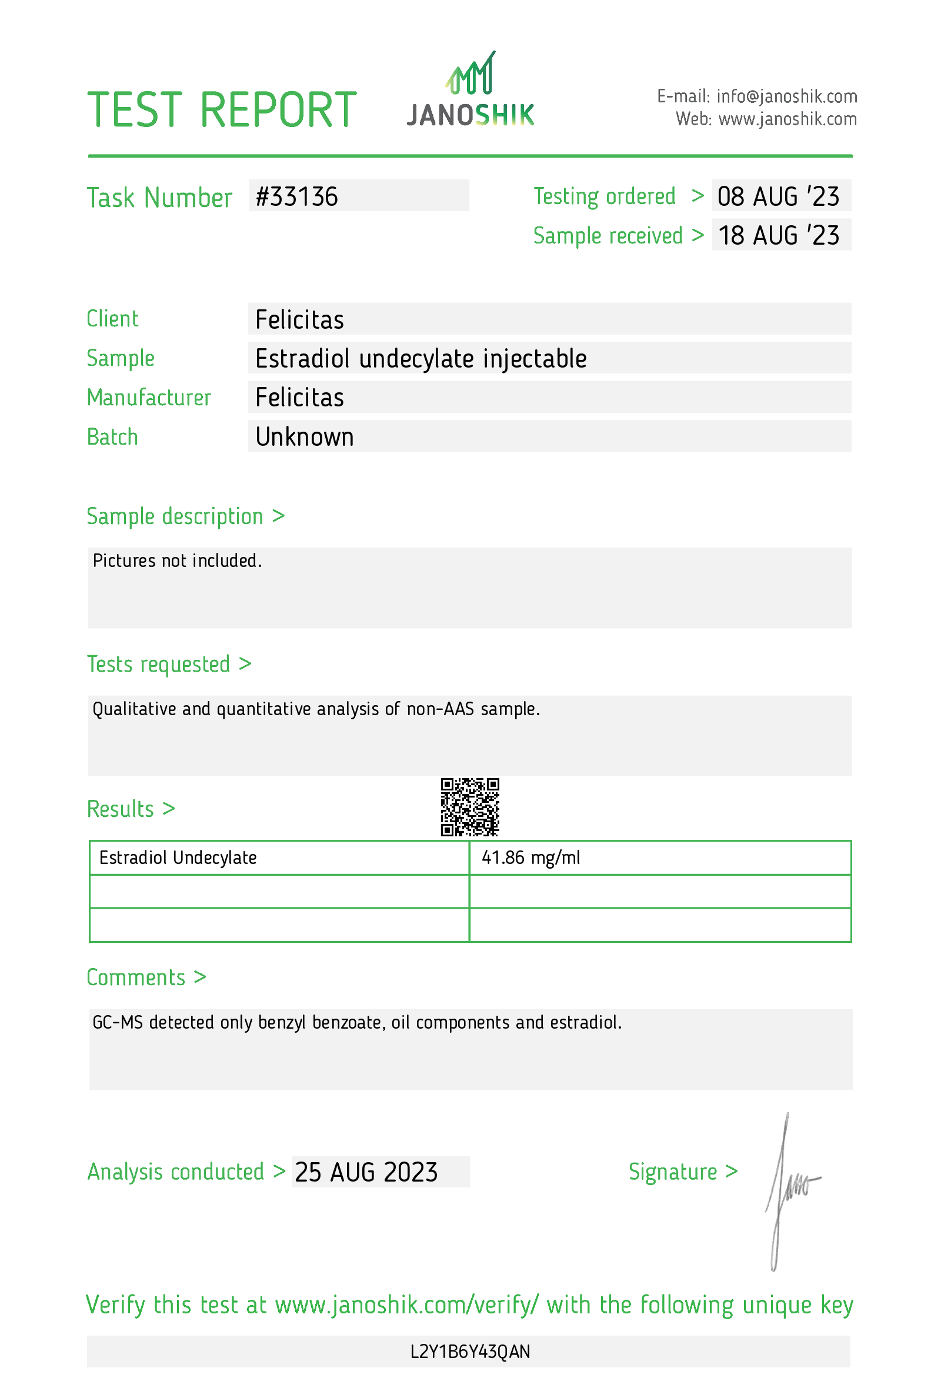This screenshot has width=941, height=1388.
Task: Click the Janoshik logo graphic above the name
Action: [x=470, y=74]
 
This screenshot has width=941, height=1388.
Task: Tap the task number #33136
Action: [x=297, y=197]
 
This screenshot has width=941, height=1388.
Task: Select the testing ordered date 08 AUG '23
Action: [x=778, y=197]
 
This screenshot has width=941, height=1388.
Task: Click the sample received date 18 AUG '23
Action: [x=778, y=236]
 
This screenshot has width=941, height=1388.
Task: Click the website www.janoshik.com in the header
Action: [x=787, y=119]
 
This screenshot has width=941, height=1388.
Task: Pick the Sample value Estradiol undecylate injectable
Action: [x=421, y=359]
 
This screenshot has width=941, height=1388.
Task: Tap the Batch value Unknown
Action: [x=305, y=437]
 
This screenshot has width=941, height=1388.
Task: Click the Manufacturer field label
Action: [x=149, y=398]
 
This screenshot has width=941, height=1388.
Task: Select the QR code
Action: [x=470, y=807]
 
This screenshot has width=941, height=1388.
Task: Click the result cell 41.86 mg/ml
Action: [x=530, y=858]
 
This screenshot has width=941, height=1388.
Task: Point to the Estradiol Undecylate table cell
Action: [x=178, y=858]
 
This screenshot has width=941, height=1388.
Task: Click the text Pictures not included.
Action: [x=178, y=561]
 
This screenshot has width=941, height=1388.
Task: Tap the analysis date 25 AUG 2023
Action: [x=366, y=1172]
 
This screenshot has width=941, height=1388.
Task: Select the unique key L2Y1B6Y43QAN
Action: [x=470, y=1352]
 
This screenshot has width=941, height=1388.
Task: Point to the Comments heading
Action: [x=146, y=977]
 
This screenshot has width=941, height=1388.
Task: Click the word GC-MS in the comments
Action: [x=118, y=1023]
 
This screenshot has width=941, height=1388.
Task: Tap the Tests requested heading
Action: [x=169, y=665]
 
